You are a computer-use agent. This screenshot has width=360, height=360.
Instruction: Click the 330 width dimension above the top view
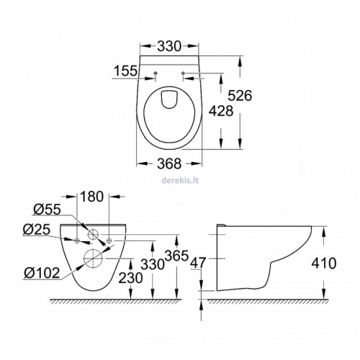point(168,46)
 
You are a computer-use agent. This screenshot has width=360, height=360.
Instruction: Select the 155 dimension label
point(125,71)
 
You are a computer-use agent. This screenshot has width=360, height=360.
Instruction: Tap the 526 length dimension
point(240,95)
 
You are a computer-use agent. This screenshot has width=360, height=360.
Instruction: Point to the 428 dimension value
point(221,111)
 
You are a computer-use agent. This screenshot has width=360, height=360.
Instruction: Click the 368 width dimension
point(169,163)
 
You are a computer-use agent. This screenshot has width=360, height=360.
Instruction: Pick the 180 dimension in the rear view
point(91,197)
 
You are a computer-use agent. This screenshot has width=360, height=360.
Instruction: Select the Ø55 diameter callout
point(47,210)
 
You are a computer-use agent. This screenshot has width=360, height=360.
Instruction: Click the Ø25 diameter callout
point(37,230)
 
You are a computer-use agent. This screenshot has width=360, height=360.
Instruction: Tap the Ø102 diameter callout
point(42,273)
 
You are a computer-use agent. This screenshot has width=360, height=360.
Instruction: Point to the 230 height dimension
point(130,279)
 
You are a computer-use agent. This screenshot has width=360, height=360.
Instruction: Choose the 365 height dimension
point(176,256)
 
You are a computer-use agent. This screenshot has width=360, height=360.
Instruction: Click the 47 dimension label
point(198,263)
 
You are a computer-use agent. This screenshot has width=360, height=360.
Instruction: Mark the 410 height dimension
point(324,264)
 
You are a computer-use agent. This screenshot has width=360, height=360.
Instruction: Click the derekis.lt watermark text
point(180,180)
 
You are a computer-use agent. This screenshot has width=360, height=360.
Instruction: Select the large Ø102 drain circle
point(93,258)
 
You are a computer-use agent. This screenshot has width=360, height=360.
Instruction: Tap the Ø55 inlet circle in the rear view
point(93,234)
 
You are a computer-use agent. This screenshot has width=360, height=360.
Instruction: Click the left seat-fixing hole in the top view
point(156,73)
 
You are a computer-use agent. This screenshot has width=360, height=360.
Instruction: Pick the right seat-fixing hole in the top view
point(184,73)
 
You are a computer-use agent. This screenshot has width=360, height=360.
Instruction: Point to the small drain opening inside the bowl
point(170,99)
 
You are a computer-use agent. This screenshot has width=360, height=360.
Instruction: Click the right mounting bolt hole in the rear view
point(109,240)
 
